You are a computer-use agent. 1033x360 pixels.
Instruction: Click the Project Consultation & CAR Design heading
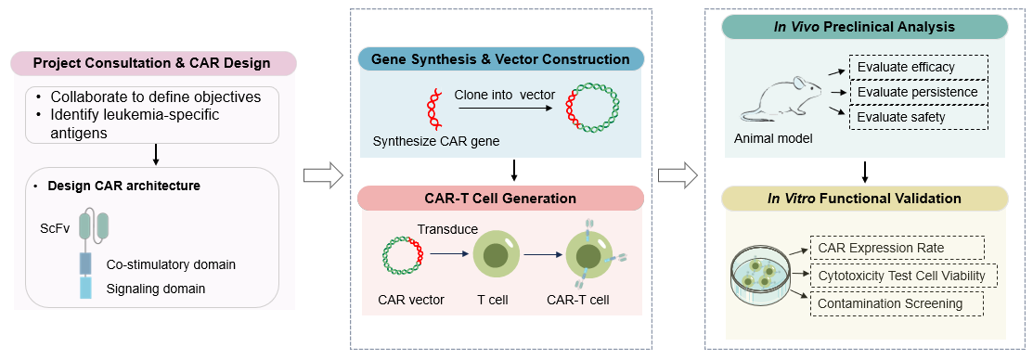[x=152, y=63]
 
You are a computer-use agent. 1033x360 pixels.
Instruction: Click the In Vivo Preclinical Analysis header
[x=865, y=26]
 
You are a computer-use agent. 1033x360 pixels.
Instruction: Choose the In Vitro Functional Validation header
[x=865, y=198]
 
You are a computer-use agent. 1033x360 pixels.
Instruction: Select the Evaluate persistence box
[x=917, y=92]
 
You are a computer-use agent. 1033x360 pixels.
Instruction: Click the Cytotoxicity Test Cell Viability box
[x=905, y=276]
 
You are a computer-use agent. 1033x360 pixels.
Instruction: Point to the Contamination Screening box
[x=889, y=303]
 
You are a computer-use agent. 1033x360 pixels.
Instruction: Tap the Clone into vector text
[x=503, y=95]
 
